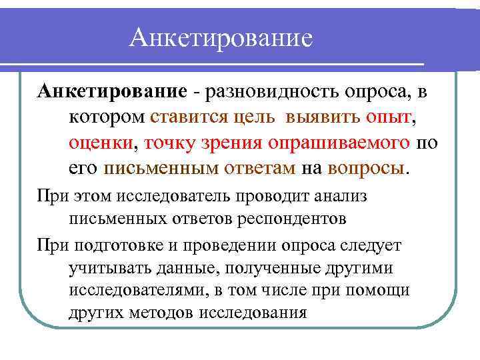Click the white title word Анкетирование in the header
[x=221, y=37]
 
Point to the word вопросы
[x=366, y=167]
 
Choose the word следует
[x=371, y=245]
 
